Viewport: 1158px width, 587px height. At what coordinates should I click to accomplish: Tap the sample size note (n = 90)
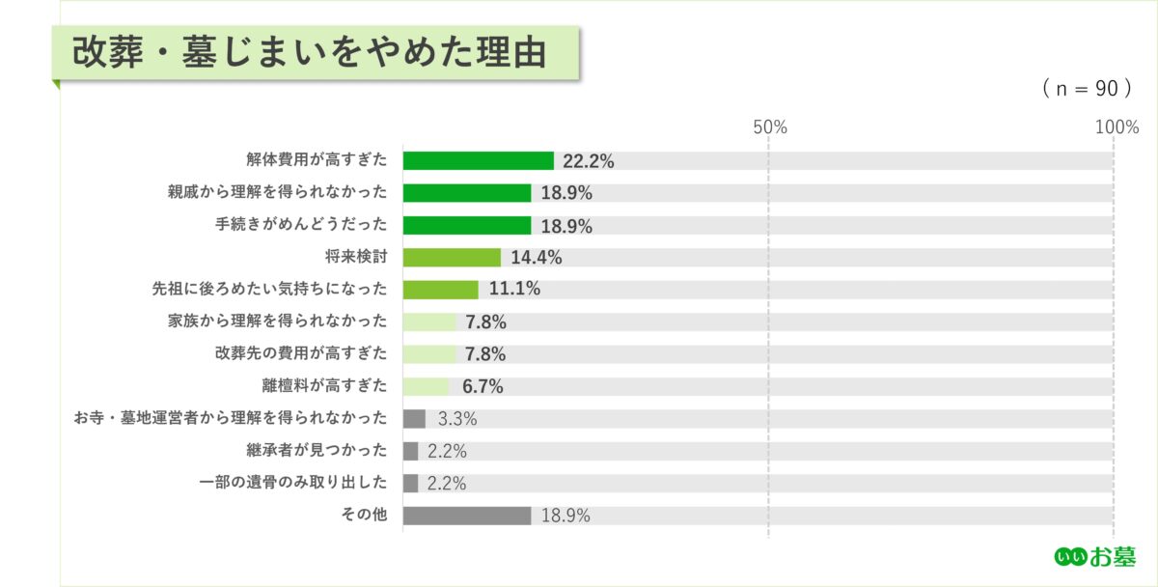pos(1086,89)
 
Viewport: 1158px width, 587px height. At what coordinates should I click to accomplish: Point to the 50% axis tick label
pos(769,127)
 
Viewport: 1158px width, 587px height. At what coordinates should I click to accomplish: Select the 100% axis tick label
pos(1117,127)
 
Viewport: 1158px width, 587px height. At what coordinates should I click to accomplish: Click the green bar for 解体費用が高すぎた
pos(478,161)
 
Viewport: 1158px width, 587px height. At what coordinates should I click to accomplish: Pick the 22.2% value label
pos(589,161)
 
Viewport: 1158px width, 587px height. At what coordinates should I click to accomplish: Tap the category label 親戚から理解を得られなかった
pos(277,193)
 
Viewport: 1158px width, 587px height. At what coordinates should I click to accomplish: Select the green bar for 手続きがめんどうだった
pos(466,225)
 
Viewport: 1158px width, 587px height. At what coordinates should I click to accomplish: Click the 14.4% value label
pos(537,258)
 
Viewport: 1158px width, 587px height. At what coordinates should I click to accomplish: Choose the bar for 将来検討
pos(452,258)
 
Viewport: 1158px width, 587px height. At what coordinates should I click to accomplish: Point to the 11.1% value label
pos(514,290)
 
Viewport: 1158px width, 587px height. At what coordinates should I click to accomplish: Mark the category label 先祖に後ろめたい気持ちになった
pos(269,290)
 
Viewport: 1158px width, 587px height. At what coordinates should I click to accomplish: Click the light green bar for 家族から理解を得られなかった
pos(429,322)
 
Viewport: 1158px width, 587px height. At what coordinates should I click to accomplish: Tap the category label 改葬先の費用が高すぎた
pos(300,354)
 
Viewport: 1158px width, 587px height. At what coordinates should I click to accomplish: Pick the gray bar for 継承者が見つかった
pos(410,451)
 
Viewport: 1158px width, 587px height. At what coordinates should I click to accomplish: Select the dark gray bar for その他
pos(466,516)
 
